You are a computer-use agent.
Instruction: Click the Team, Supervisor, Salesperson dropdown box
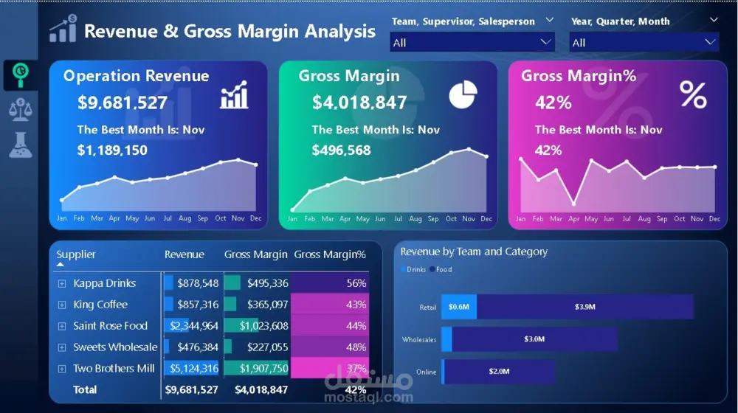coord(472,43)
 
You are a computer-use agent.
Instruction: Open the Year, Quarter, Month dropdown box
coord(644,43)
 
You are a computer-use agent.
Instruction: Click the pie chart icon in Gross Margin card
coord(463,95)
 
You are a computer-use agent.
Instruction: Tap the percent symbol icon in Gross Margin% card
coord(692,95)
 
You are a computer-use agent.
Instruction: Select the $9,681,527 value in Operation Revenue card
coord(123,103)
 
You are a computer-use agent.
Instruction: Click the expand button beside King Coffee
coord(62,305)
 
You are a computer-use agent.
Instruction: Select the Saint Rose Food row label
coord(110,326)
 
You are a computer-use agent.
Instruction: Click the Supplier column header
coord(76,254)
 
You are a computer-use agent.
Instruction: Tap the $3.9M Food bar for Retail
coord(584,307)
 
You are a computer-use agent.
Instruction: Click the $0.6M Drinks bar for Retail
coord(458,307)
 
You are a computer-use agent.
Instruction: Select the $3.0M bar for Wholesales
coord(534,339)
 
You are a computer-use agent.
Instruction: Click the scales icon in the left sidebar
coord(20,109)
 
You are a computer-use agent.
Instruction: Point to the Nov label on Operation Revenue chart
coord(238,219)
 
